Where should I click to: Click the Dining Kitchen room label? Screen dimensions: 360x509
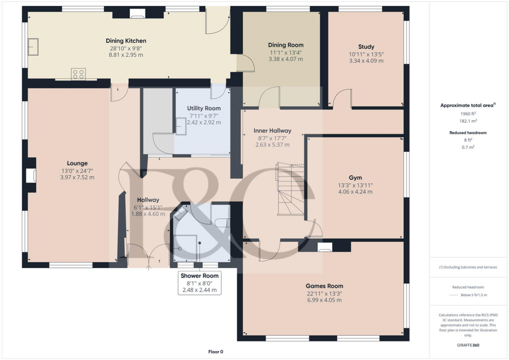(x=126, y=41)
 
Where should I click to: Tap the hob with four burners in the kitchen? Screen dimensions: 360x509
(x=79, y=74)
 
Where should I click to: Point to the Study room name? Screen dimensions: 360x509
(x=366, y=47)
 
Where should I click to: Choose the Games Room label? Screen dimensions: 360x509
(x=324, y=286)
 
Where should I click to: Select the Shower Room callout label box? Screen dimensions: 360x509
(x=199, y=283)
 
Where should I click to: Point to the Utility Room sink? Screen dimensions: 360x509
(x=180, y=128)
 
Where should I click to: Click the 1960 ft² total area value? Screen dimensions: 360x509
(x=465, y=114)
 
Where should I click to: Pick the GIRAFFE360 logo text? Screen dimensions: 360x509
(x=468, y=345)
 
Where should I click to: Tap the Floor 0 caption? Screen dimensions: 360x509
(x=215, y=352)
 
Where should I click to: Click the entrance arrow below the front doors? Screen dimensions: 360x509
(x=149, y=268)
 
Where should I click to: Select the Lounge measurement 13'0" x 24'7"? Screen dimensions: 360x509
(x=77, y=171)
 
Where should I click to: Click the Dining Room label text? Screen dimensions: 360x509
(x=285, y=45)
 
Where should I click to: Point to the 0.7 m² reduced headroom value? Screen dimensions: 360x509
(x=465, y=147)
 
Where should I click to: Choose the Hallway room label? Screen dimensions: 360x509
(x=148, y=200)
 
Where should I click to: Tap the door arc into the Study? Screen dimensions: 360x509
(x=342, y=98)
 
